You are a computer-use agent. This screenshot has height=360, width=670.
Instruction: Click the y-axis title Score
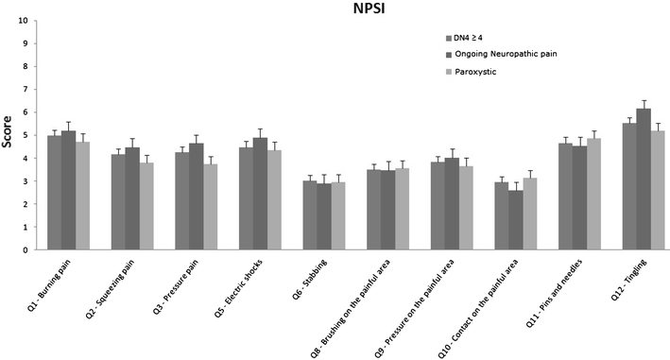[8, 135]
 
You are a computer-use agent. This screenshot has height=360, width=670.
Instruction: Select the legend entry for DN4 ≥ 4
[476, 38]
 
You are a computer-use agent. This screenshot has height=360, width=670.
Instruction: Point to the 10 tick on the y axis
[30, 19]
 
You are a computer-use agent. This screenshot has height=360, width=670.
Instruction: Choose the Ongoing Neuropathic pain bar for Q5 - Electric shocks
[260, 194]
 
